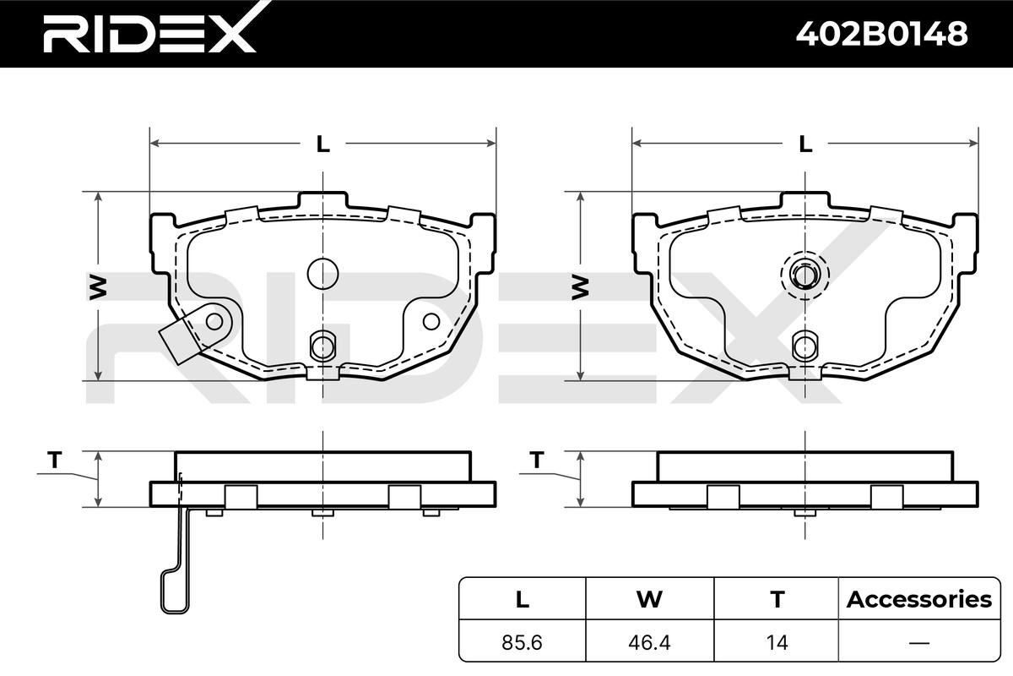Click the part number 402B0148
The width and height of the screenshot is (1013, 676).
pos(881,34)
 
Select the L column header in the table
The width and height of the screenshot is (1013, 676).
pos(523,599)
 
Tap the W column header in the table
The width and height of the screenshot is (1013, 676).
pos(649,599)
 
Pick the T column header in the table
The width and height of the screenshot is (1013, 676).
pos(777,599)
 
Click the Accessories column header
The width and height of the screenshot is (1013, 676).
pos(919,599)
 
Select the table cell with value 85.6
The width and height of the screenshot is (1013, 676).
pos(522,642)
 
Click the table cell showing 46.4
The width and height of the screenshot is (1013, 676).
pos(649,642)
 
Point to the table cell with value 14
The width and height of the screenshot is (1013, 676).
pos(777,642)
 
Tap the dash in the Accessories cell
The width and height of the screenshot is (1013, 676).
pos(919,642)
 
